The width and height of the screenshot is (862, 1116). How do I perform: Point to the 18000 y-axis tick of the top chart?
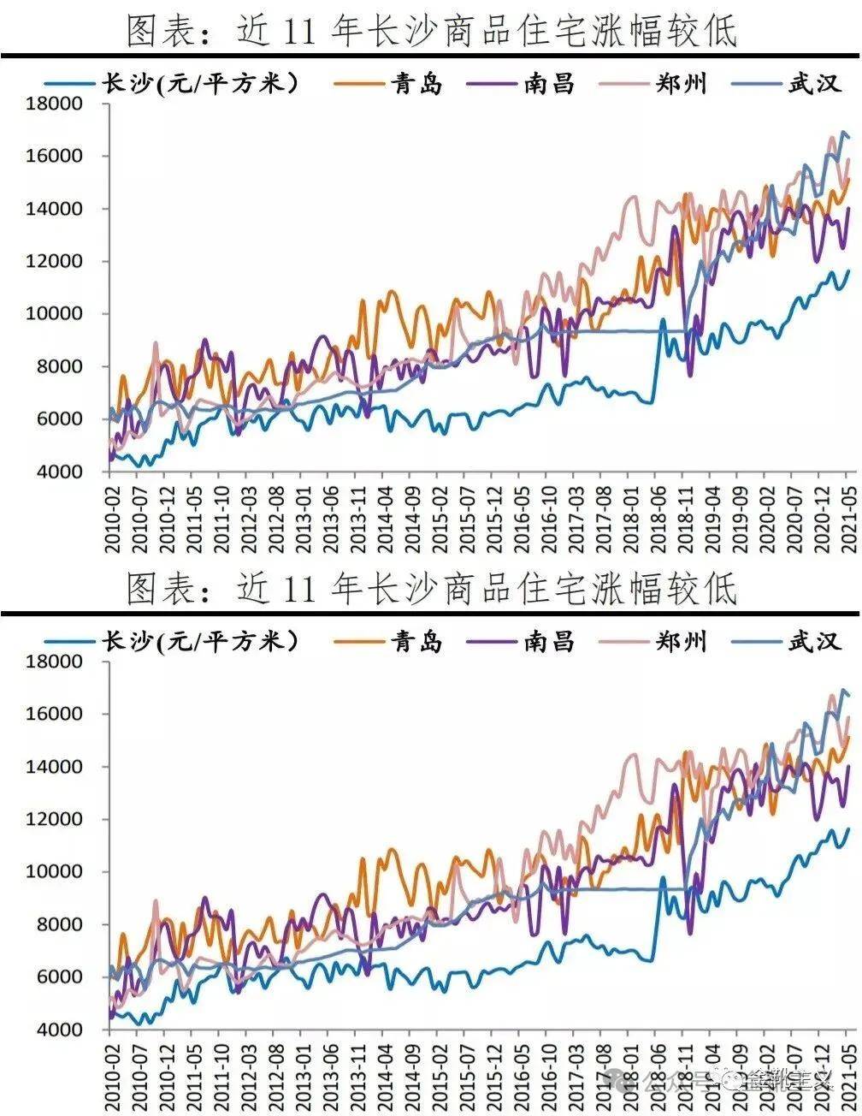point(56,104)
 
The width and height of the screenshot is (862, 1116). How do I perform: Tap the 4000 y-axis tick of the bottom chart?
point(56,1030)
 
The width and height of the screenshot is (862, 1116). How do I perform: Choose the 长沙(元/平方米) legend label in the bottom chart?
point(200,641)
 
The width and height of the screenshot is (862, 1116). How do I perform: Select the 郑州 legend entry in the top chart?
point(681,84)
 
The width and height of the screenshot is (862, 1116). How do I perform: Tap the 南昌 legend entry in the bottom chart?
point(549,641)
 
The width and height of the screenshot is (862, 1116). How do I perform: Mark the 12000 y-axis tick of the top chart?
point(56,262)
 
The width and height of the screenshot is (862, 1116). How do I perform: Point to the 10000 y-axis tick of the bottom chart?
point(56,871)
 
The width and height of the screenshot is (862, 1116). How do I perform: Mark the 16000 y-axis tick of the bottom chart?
point(56,714)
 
